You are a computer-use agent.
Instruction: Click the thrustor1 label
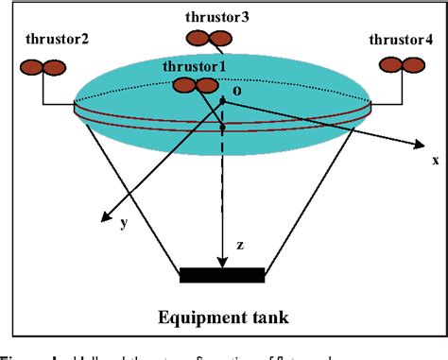pyautogui.click(x=195, y=66)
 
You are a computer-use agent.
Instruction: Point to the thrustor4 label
pyautogui.click(x=400, y=41)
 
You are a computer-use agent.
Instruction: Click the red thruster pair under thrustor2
pyautogui.click(x=43, y=67)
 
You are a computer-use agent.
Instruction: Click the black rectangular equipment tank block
pyautogui.click(x=222, y=275)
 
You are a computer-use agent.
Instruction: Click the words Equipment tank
pyautogui.click(x=223, y=314)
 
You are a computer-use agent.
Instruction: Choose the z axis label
pyautogui.click(x=240, y=246)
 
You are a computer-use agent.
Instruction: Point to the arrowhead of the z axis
pyautogui.click(x=222, y=262)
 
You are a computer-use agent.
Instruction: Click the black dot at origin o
pyautogui.click(x=222, y=98)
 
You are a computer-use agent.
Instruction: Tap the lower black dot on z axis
pyautogui.click(x=222, y=126)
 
